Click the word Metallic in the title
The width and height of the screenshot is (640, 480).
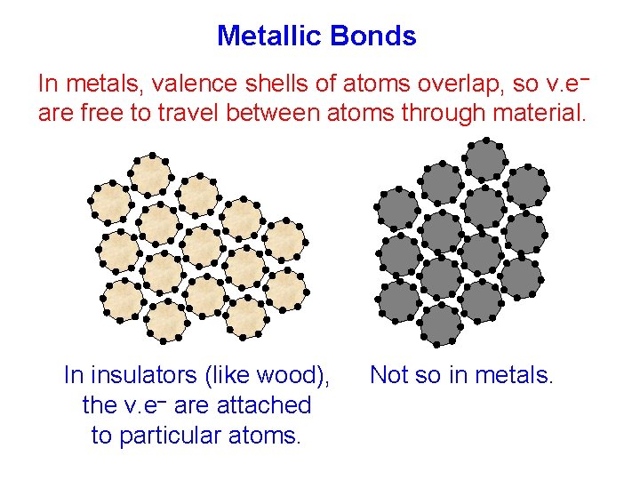click(x=269, y=36)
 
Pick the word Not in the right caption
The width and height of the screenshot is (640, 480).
click(x=388, y=376)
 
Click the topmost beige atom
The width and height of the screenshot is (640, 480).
click(x=150, y=173)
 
